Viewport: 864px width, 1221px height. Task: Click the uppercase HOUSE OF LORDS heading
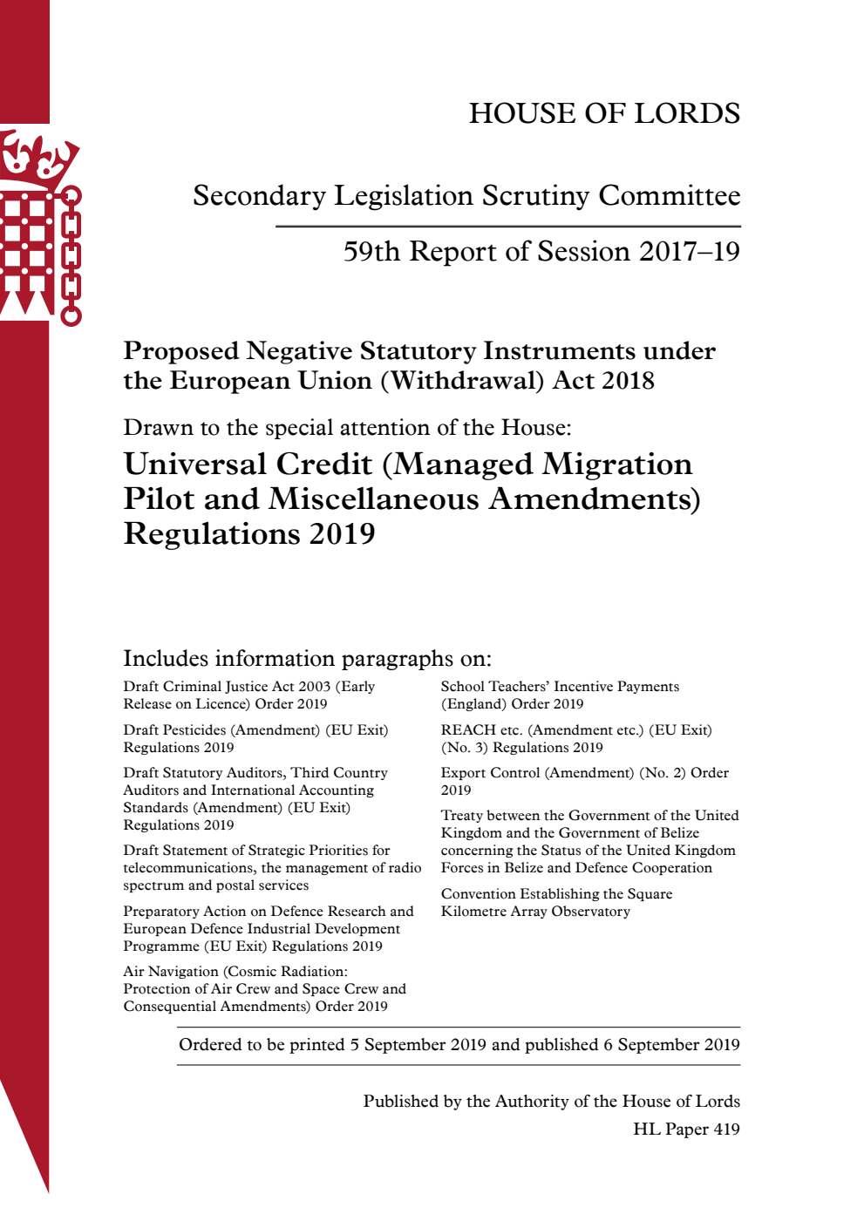(x=604, y=113)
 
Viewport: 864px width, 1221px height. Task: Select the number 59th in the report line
(x=371, y=251)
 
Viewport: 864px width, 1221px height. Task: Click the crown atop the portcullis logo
(x=38, y=157)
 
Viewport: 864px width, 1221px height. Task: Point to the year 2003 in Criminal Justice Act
(x=315, y=687)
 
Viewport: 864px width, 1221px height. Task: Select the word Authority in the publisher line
(x=531, y=1102)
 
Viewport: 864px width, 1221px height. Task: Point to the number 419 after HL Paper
(x=726, y=1129)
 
